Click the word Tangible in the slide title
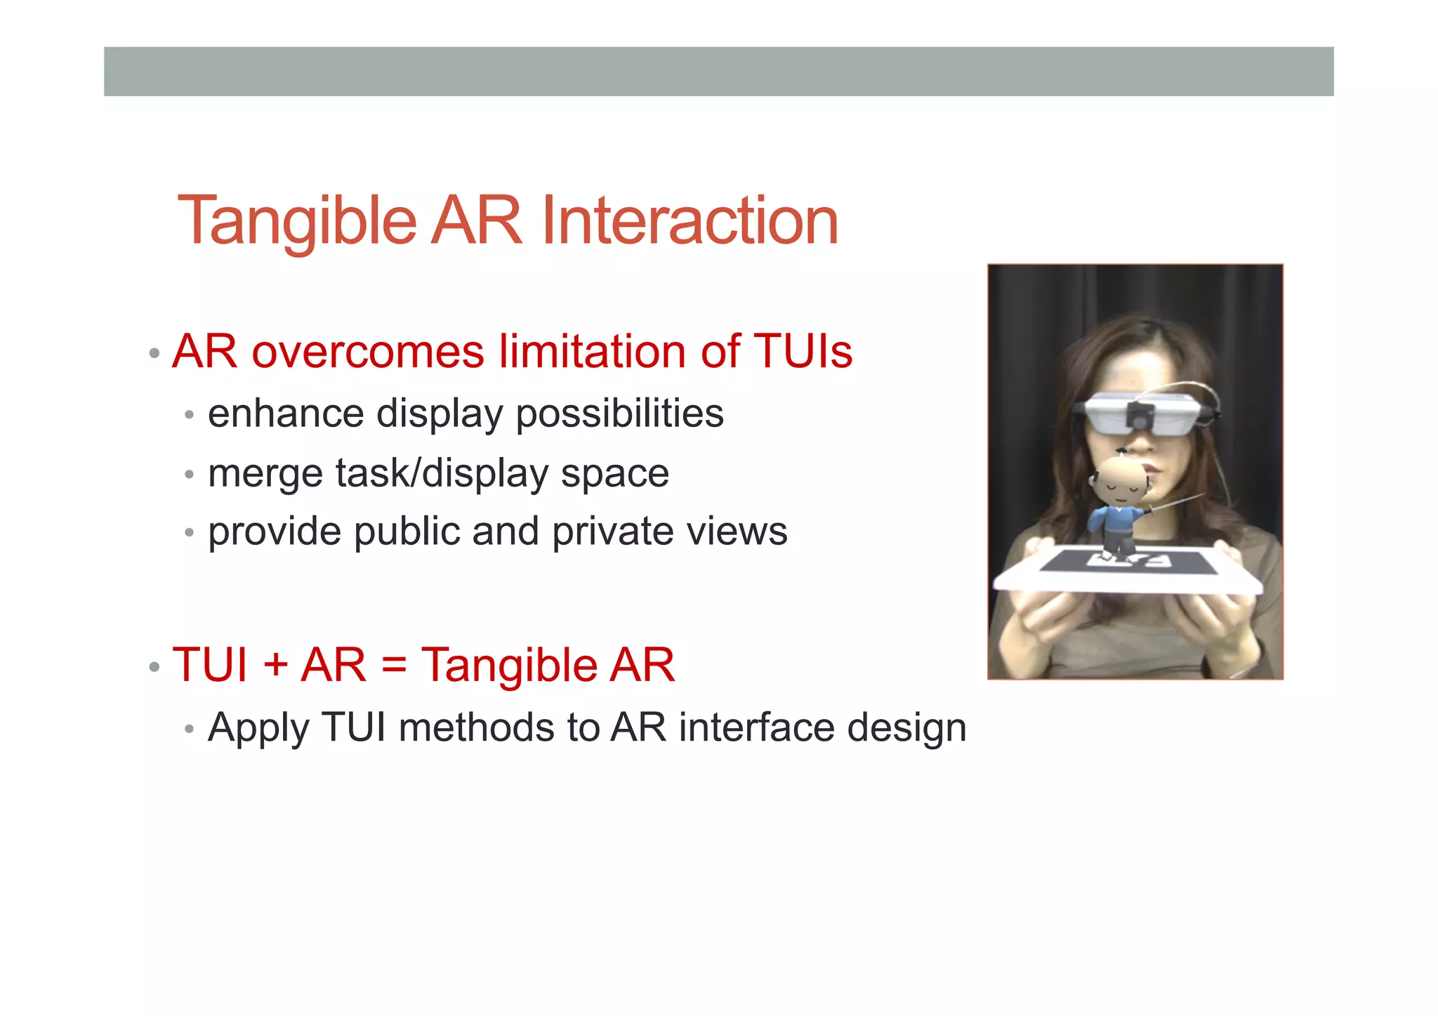click(297, 221)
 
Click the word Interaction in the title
click(690, 221)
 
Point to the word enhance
click(286, 413)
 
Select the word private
click(614, 532)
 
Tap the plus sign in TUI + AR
click(276, 665)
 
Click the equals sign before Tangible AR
click(394, 665)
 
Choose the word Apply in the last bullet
click(258, 728)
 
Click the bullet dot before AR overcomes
click(154, 352)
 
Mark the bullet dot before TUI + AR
click(154, 666)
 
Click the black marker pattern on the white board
click(1128, 562)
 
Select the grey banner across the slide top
click(718, 72)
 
